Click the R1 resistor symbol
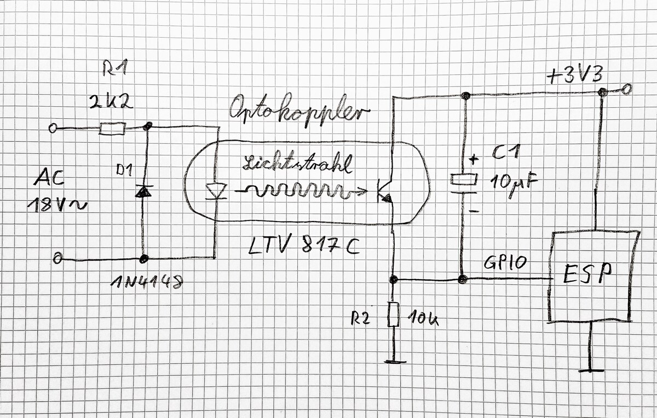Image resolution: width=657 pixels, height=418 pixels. click(113, 129)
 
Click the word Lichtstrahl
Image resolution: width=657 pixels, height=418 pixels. click(296, 164)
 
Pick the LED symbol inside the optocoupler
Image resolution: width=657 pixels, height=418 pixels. click(215, 191)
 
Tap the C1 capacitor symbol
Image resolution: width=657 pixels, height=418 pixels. click(464, 180)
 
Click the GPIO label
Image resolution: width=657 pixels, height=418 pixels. click(505, 263)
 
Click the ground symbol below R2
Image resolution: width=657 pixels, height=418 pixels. click(393, 362)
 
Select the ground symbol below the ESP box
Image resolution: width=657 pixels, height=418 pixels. click(592, 370)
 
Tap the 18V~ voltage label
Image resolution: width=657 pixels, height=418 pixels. click(55, 206)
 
